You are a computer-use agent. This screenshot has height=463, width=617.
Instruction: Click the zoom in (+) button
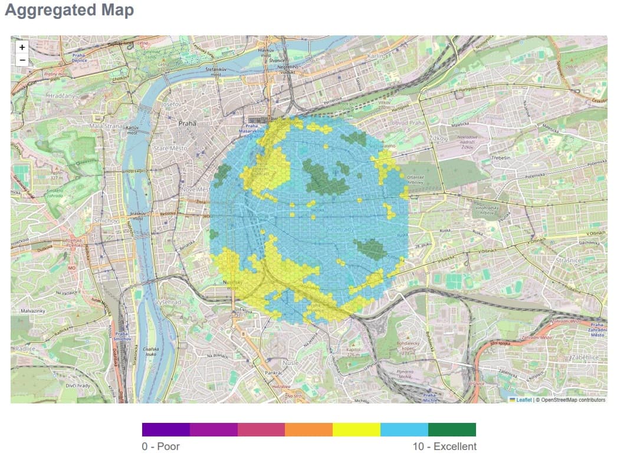(22, 47)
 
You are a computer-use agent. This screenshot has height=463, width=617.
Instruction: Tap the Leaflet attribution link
(523, 400)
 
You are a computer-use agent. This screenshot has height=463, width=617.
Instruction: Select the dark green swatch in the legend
(452, 429)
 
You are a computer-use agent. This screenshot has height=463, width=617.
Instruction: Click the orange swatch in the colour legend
(308, 429)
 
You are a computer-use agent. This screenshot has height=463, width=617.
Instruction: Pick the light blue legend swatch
(404, 429)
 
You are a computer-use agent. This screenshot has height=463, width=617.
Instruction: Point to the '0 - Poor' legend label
(160, 446)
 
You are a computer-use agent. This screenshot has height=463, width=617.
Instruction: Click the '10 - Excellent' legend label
(444, 446)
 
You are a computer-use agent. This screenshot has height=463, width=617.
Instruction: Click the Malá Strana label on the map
(105, 126)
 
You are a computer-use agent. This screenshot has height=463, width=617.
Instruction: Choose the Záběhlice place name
(585, 357)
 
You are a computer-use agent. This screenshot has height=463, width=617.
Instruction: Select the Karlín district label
(375, 56)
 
